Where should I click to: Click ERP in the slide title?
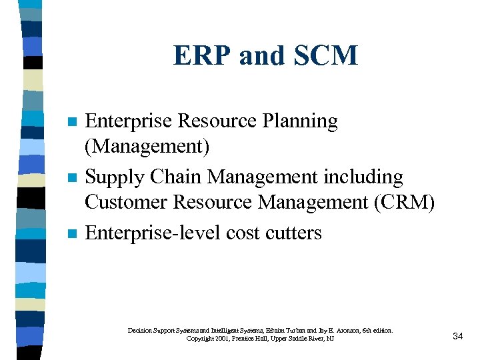[x=199, y=56]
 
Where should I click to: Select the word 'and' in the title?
[x=259, y=56]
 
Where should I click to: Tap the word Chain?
[x=175, y=177]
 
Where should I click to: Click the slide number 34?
[x=457, y=336]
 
